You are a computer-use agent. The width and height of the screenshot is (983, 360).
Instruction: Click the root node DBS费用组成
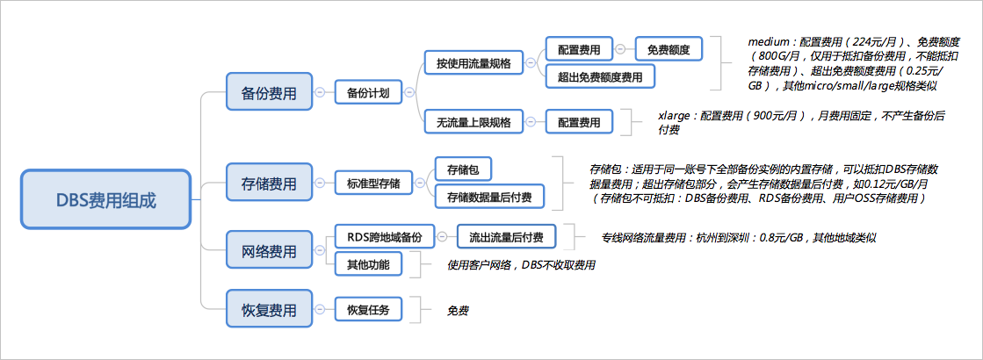point(105,198)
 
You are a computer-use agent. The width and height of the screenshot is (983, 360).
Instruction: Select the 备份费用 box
point(268,92)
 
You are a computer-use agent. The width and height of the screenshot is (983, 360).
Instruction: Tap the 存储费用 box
point(268,183)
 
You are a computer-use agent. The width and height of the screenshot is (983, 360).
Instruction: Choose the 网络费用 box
point(268,251)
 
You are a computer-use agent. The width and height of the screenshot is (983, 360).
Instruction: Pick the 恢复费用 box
point(268,309)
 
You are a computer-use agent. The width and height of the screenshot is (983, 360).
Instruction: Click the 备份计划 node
point(369,93)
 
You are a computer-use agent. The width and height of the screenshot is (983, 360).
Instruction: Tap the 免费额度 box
point(669,49)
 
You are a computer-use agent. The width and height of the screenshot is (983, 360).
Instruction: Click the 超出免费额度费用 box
point(600,76)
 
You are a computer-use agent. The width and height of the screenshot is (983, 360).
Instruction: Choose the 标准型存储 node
point(373,184)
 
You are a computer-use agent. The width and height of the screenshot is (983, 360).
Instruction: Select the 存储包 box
point(462,169)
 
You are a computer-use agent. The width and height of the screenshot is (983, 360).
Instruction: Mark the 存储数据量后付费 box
point(489,197)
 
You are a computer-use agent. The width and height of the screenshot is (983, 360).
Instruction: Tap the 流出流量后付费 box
point(507,237)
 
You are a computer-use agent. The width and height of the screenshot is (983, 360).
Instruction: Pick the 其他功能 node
point(368,264)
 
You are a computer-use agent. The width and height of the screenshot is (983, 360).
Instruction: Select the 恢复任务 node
point(368,309)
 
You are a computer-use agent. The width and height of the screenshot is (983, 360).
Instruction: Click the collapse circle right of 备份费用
point(319,92)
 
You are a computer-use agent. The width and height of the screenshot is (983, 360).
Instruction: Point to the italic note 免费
point(458,310)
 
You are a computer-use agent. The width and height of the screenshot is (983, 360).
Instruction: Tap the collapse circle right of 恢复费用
point(319,309)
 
